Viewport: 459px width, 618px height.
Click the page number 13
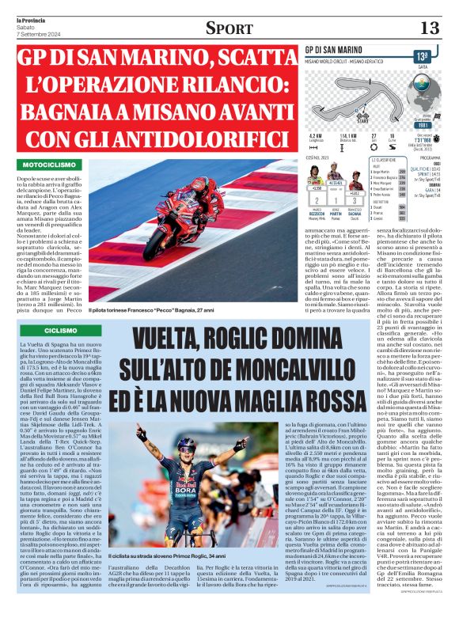coord(429,28)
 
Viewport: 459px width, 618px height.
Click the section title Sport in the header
coord(229,28)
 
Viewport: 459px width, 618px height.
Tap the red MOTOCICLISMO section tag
coord(53,165)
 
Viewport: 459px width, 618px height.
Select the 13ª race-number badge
coord(424,56)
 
